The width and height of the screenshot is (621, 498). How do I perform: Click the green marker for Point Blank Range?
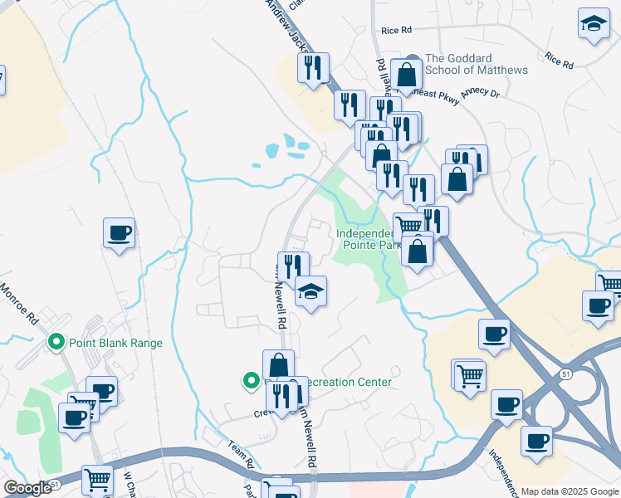(56, 342)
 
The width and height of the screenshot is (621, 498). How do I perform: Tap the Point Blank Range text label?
(115, 343)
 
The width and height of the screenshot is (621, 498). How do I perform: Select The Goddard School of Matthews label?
(476, 64)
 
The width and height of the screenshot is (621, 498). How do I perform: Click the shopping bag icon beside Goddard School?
(407, 75)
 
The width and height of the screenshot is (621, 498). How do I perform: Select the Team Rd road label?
(241, 452)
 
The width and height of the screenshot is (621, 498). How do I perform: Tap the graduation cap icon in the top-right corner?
(594, 24)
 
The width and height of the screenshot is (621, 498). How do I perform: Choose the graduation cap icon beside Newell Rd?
(311, 292)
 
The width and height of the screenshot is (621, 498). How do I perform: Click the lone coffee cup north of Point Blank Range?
(119, 233)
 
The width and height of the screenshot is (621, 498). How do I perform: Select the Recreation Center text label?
(345, 383)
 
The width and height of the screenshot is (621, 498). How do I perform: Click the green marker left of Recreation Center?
(251, 381)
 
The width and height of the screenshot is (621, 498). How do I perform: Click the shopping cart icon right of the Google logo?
(98, 479)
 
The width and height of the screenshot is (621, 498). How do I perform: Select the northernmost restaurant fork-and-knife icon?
(313, 69)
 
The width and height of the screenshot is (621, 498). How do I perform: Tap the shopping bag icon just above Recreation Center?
(278, 365)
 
